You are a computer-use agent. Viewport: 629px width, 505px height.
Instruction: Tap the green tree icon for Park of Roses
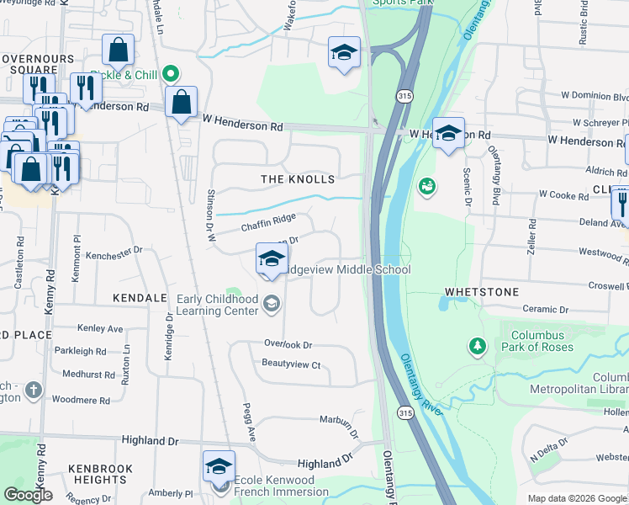(x=478, y=346)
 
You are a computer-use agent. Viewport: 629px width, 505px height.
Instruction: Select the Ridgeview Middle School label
(x=346, y=269)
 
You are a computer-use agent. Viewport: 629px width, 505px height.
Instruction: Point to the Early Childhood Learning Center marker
(x=271, y=304)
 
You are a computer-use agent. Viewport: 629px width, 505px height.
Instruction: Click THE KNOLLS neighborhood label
(x=298, y=179)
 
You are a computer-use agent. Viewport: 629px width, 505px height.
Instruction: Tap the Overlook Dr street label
(x=288, y=345)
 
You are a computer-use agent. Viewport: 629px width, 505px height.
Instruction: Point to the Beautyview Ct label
(x=292, y=364)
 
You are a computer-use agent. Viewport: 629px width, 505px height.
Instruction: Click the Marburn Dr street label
(x=339, y=419)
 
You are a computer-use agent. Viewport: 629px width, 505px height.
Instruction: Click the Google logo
(x=29, y=495)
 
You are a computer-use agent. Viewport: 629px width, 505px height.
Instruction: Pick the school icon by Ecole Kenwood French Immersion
(x=219, y=466)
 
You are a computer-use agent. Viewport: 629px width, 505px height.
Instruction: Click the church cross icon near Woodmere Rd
(x=33, y=390)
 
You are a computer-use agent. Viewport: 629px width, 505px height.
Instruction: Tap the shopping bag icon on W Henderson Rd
(x=181, y=103)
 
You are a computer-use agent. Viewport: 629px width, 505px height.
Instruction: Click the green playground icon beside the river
(x=427, y=185)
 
